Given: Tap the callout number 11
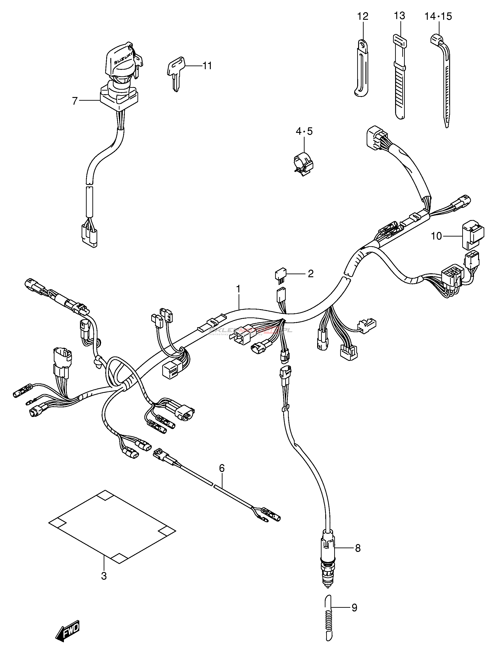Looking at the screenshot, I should tap(207, 66).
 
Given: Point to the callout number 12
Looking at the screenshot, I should tap(362, 16).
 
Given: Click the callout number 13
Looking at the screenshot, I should tap(399, 16).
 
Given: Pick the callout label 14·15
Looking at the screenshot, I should tap(438, 17).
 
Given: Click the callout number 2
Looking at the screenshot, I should tap(311, 273).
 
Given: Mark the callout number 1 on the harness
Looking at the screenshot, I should tap(238, 289).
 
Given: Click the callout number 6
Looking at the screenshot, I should tap(222, 468).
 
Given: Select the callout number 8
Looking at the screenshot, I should tap(358, 548).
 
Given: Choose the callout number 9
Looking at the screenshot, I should tap(354, 608).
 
